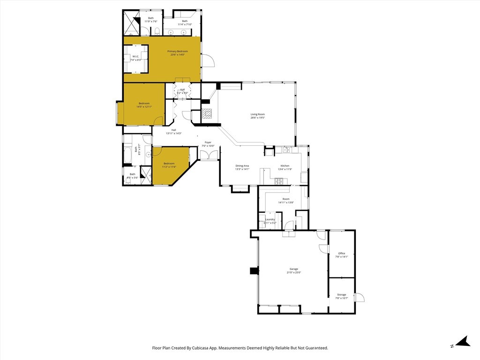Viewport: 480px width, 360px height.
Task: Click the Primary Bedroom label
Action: pos(178,51)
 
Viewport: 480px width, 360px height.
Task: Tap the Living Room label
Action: pos(257,114)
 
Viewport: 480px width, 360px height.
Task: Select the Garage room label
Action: pos(293,269)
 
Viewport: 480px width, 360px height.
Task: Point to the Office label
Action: pos(342,254)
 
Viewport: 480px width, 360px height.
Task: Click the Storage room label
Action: pos(342,295)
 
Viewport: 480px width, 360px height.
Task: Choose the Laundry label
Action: pos(270,219)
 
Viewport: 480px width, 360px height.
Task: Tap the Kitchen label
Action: pos(285,166)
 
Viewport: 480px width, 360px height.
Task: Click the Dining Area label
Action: pos(242,166)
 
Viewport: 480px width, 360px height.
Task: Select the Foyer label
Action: pos(208,142)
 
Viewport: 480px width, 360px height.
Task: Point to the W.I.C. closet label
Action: pos(136,57)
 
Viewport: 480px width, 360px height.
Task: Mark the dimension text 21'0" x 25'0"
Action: pos(293,272)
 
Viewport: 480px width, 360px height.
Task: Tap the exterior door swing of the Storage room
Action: pos(360,297)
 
